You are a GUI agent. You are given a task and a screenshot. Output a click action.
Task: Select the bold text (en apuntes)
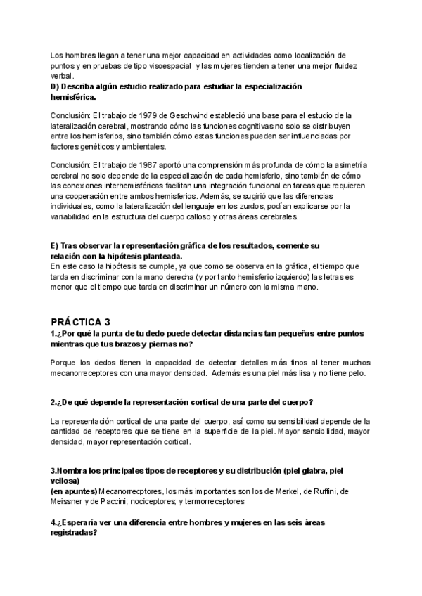74,492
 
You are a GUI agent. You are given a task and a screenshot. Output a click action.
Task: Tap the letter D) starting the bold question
56,86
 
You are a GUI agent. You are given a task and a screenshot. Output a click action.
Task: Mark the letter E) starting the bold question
55,246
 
